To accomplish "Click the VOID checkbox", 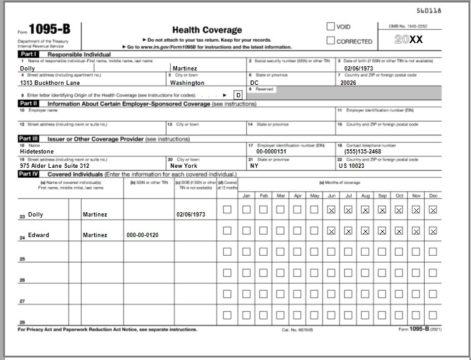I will pos(331,27).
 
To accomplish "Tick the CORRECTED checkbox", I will pos(331,41).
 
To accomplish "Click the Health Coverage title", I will pos(206,30).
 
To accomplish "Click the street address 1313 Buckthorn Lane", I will pos(50,82).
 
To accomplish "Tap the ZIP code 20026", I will pos(349,82).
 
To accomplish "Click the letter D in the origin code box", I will pos(238,95).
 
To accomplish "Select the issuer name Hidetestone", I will pos(37,151).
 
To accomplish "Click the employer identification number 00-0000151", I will pos(271,151).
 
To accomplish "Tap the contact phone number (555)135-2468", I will pos(362,151).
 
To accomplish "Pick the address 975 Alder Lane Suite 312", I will pos(55,166).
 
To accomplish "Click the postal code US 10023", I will pos(352,166).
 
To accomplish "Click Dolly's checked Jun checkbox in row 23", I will pos(331,210).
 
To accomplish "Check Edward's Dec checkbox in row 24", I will pos(433,231).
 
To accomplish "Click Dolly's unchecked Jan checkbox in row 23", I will pos(246,210).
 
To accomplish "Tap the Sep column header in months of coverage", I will pos(382,195).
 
